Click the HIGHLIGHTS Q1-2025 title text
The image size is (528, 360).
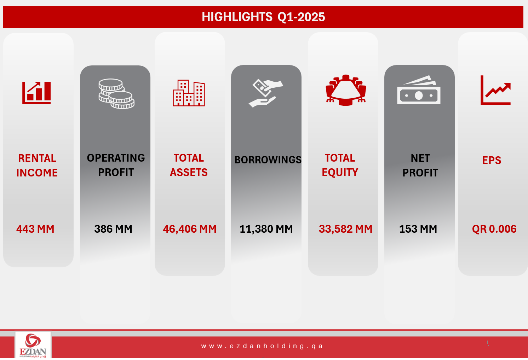tap(263, 17)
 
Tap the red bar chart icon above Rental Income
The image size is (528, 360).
tap(36, 93)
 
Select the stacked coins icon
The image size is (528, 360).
tap(116, 93)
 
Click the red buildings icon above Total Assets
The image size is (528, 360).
tap(189, 93)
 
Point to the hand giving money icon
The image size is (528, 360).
tap(266, 93)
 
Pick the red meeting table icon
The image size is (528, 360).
tap(346, 90)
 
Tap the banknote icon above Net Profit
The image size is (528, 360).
tap(419, 90)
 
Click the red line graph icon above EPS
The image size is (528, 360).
tap(495, 90)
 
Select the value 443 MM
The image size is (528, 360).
tap(35, 229)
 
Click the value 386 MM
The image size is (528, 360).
tap(113, 229)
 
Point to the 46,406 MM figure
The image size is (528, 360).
tap(190, 229)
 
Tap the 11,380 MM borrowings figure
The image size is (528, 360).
tap(266, 229)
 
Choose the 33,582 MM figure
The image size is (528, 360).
tap(345, 229)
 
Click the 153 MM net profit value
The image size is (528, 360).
tap(418, 229)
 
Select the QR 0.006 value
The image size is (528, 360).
tap(494, 229)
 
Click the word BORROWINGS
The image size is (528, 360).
tap(268, 160)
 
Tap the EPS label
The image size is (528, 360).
tap(492, 161)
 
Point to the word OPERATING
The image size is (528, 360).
tap(116, 158)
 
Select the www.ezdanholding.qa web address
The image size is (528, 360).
tap(262, 346)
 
